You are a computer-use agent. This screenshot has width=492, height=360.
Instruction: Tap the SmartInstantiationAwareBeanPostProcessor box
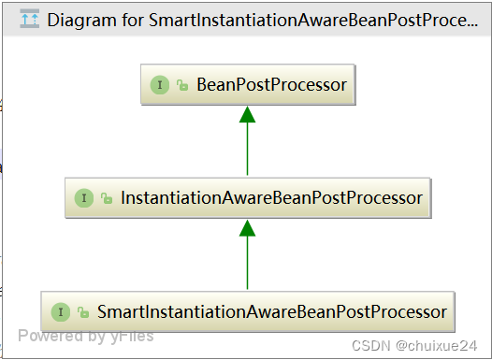(247, 311)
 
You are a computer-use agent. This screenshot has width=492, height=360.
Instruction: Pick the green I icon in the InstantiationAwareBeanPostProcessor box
(84, 198)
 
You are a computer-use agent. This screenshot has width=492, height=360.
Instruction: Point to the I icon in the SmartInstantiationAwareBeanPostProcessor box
(60, 311)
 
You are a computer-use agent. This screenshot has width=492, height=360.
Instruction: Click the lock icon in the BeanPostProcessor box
(182, 86)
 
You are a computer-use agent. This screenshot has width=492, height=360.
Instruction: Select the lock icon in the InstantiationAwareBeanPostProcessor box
(108, 199)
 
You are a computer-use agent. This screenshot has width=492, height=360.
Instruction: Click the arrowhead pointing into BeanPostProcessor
(247, 114)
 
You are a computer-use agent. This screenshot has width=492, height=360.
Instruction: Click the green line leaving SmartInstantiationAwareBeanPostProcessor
(247, 266)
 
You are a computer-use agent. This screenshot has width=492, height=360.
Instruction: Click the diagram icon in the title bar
(29, 18)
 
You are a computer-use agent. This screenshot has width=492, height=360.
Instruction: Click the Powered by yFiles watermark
(85, 336)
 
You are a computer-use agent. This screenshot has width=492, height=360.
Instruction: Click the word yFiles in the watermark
(130, 336)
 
